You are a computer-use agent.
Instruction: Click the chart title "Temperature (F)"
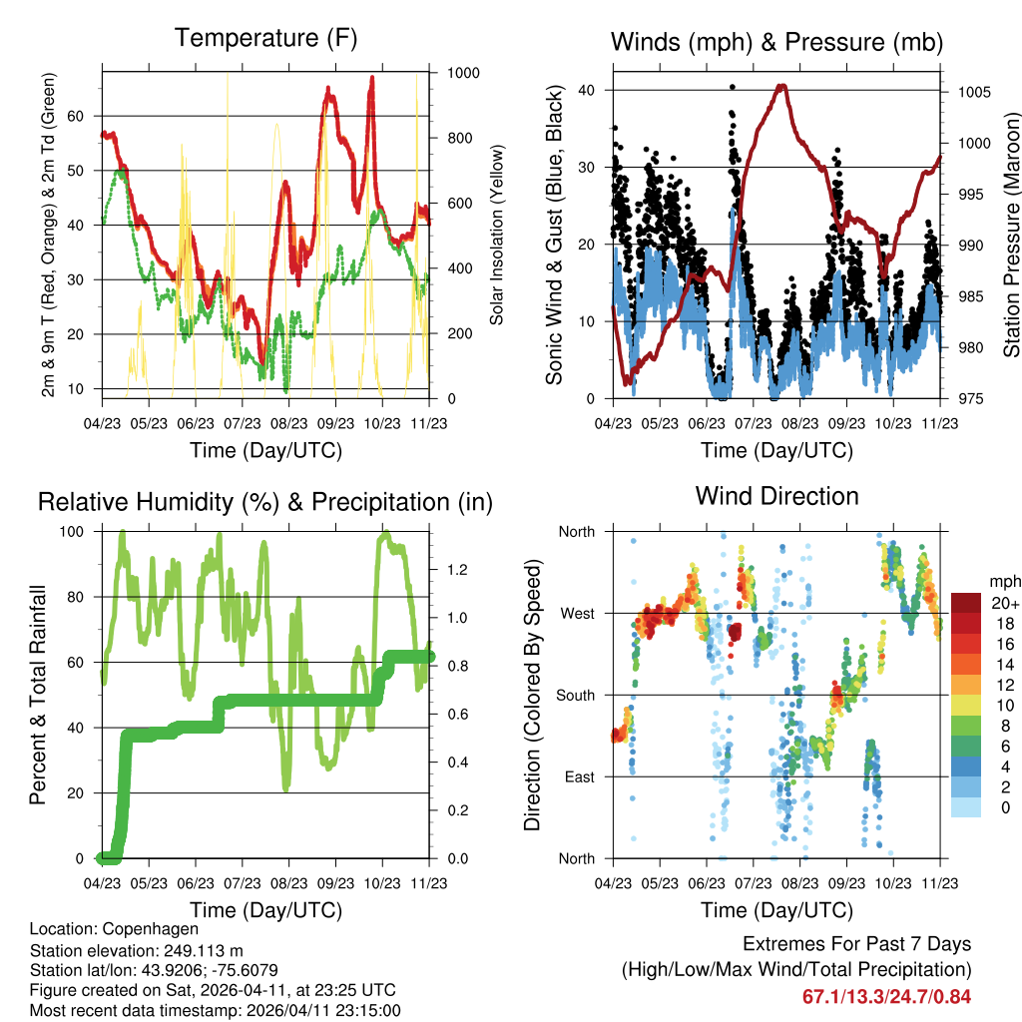point(265,39)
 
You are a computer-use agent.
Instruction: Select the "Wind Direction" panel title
point(776,496)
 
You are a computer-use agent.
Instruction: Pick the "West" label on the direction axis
point(576,614)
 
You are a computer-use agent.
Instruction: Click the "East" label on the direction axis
point(577,777)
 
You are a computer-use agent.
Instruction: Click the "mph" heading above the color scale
point(1002,581)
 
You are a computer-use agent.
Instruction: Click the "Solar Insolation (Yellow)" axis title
point(496,236)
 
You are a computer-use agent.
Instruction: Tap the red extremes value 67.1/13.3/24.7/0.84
point(886,997)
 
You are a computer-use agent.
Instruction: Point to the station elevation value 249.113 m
point(203,950)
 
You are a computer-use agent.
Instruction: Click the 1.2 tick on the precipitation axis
point(457,570)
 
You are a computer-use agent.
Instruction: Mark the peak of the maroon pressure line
point(781,86)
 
